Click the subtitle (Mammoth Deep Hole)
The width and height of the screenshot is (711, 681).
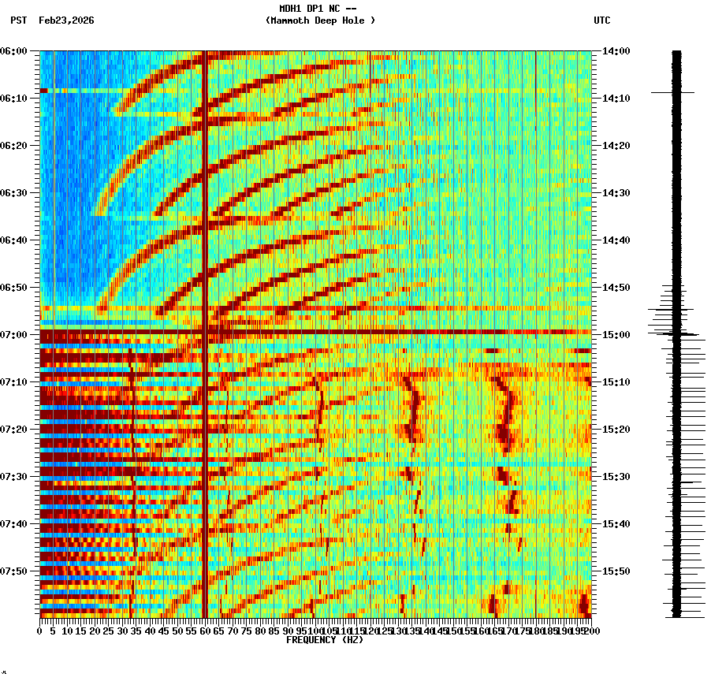[320, 20]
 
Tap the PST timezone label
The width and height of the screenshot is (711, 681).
[18, 20]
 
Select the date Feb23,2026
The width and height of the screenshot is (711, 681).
[66, 20]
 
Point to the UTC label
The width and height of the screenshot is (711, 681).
[601, 20]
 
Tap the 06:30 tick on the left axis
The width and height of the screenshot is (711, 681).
[16, 193]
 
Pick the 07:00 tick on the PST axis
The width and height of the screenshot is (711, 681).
[16, 335]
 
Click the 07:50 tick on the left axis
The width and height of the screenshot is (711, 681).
[16, 571]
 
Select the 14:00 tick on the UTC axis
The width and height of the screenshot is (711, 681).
[616, 51]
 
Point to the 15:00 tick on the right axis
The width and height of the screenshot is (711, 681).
[616, 335]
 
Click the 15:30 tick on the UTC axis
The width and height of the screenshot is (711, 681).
[616, 477]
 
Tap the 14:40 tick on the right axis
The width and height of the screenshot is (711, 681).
[616, 240]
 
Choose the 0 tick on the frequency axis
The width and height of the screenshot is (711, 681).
[40, 631]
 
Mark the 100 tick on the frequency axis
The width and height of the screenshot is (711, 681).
[315, 631]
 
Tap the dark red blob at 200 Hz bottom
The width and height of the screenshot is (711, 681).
[584, 605]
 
